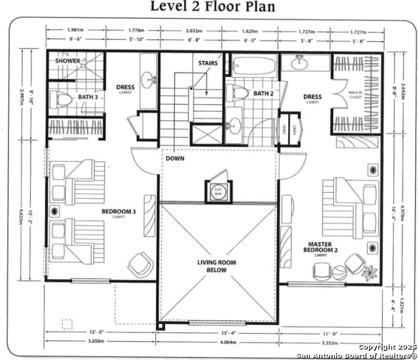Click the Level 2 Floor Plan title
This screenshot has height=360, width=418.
tap(213, 7)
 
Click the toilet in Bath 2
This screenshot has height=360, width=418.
tap(239, 93)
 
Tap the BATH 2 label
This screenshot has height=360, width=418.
tap(262, 94)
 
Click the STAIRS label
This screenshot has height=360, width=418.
tap(209, 64)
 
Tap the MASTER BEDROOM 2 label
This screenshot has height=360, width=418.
tap(320, 247)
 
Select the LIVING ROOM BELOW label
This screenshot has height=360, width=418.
tap(218, 265)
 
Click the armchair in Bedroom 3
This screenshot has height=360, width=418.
tap(140, 265)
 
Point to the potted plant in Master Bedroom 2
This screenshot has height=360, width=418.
tap(368, 271)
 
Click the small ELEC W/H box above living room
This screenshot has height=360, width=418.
tap(218, 190)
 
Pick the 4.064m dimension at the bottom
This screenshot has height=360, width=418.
tap(218, 342)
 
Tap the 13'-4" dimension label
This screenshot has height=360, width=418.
tap(218, 332)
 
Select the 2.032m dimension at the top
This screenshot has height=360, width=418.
tap(193, 31)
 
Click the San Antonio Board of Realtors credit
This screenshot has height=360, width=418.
tap(356, 355)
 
